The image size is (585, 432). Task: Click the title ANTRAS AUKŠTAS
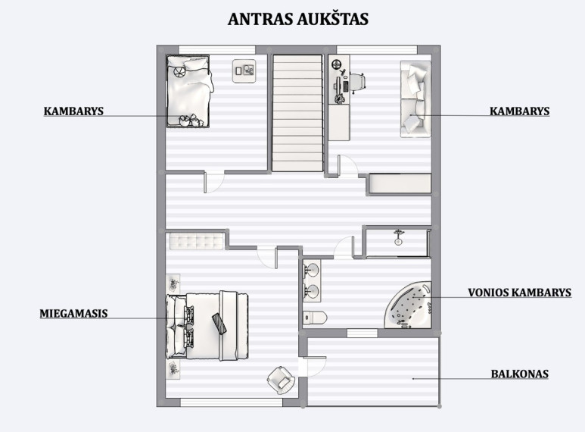click(298, 19)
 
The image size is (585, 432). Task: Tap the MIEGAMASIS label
click(73, 313)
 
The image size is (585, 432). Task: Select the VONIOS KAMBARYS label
click(519, 293)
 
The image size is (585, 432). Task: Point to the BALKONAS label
click(519, 374)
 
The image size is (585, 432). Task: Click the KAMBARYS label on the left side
click(73, 111)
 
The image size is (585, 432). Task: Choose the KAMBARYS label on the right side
click(519, 111)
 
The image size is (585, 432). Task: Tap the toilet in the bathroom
click(316, 318)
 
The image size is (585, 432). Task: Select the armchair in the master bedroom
click(281, 380)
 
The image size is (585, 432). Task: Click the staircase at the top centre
click(297, 113)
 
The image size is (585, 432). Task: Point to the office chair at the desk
click(357, 82)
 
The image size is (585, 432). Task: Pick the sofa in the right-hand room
click(415, 99)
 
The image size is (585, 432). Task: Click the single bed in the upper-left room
click(188, 92)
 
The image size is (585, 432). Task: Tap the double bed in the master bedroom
click(207, 326)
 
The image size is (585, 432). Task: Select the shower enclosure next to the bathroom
click(398, 243)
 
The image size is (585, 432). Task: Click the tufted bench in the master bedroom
click(197, 242)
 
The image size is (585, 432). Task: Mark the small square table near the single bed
click(244, 70)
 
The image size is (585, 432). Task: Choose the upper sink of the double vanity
click(312, 270)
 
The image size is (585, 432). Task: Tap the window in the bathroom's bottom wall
click(362, 333)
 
